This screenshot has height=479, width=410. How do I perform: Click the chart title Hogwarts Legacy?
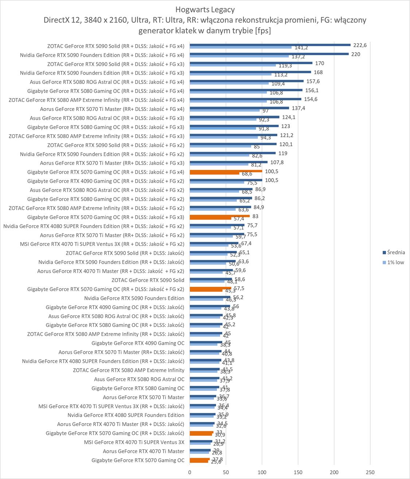click(205, 9)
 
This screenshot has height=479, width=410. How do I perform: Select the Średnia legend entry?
click(395, 252)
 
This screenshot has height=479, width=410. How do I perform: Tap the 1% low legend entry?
click(395, 262)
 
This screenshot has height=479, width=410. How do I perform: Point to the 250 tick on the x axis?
click(370, 472)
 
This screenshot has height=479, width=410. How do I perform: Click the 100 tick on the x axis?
click(262, 472)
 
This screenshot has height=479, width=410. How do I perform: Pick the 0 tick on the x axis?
click(190, 472)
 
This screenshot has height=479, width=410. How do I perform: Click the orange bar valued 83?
click(219, 216)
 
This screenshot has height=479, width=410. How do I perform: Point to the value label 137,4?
click(298, 108)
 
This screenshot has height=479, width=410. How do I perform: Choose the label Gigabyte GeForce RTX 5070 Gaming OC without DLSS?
click(138, 460)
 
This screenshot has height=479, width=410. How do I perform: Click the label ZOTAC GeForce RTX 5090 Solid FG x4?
click(116, 46)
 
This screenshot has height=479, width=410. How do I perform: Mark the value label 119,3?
click(285, 66)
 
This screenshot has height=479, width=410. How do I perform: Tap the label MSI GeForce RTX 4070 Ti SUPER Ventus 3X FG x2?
click(102, 244)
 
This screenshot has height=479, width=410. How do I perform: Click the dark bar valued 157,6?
click(246, 81)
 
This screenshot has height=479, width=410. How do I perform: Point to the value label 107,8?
click(277, 162)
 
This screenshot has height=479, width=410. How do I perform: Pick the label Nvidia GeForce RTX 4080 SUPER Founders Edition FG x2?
click(94, 226)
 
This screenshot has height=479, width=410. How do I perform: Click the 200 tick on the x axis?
click(334, 472)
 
